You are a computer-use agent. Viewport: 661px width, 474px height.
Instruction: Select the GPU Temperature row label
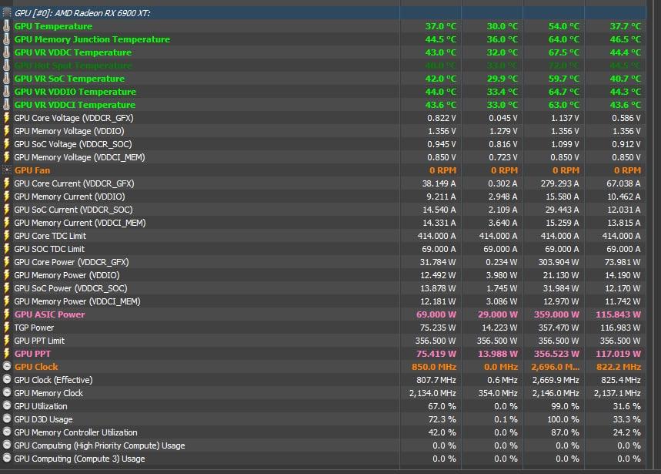coord(53,26)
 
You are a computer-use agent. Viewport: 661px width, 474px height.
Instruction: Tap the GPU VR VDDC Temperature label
coord(72,52)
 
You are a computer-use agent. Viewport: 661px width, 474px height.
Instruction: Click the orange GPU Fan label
coord(32,170)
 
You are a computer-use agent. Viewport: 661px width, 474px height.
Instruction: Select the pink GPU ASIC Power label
coord(49,314)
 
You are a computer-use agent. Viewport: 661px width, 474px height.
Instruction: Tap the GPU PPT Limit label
coord(39,341)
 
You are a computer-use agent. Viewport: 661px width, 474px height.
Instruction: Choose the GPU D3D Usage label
coord(43,419)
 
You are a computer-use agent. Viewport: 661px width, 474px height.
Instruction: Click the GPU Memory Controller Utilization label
coord(75,432)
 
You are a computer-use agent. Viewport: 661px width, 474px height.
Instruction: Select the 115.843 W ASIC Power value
coord(618,314)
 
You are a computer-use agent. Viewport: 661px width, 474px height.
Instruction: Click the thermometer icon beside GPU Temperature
coord(7,26)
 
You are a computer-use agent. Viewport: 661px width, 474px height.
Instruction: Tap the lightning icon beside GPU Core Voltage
coord(7,118)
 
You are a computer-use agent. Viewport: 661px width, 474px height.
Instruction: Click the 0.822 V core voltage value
coord(442,118)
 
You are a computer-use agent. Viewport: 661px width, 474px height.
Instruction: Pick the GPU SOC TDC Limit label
coord(49,249)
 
